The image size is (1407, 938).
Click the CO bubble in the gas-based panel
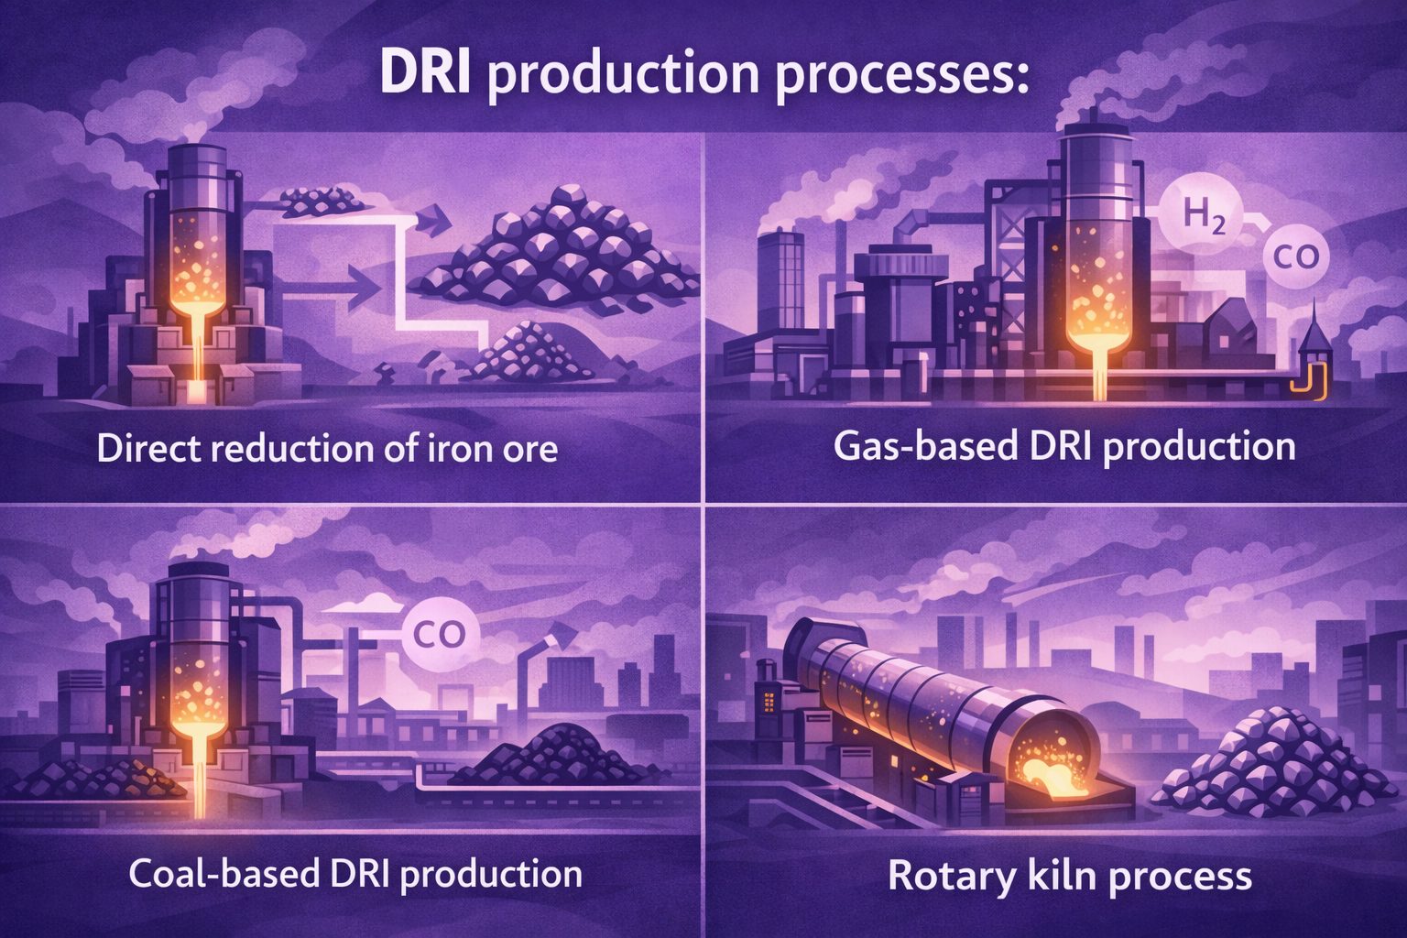click(x=1296, y=257)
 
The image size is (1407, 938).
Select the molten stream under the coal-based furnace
click(x=199, y=778)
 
